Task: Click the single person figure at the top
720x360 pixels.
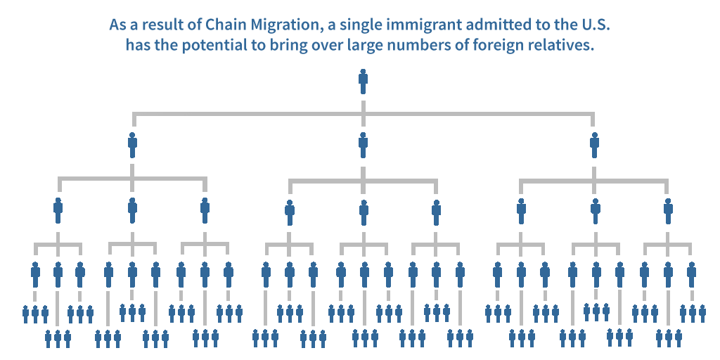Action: pyautogui.click(x=363, y=82)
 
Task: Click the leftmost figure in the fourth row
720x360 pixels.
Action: pyautogui.click(x=35, y=274)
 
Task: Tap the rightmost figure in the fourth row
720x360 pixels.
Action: pyautogui.click(x=691, y=274)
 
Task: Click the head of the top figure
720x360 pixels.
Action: pyautogui.click(x=363, y=72)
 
